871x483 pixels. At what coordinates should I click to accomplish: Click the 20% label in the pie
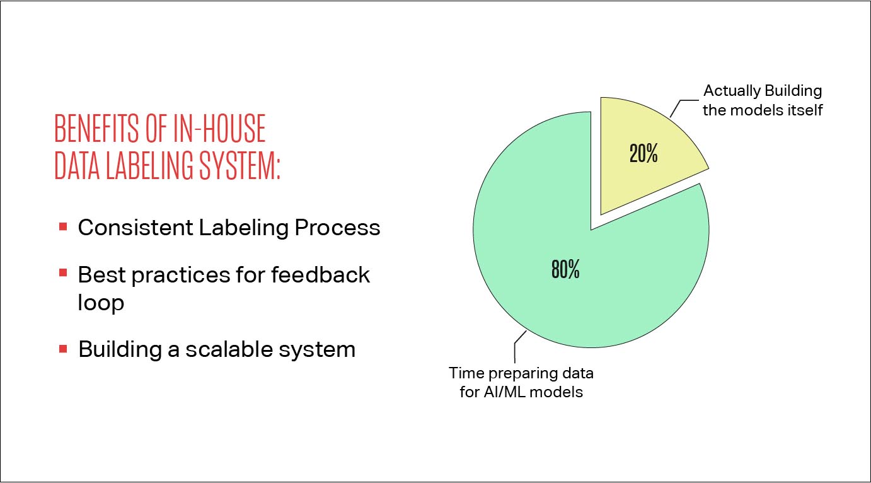click(643, 154)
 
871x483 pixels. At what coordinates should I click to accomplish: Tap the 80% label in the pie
click(565, 271)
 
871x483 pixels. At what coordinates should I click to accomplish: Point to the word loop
click(101, 303)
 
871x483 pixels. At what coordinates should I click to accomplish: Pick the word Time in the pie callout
click(463, 373)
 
